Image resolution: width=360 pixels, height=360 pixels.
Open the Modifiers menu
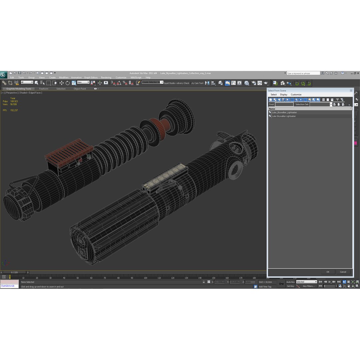[64, 77]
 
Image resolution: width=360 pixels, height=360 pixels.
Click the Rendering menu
[106, 77]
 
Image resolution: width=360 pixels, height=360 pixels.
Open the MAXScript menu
[136, 77]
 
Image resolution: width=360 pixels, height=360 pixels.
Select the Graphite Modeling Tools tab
[19, 89]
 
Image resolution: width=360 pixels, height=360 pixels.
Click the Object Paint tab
[80, 89]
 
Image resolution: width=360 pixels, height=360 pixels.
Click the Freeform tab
[44, 89]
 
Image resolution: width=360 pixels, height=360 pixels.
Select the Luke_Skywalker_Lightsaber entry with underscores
[284, 112]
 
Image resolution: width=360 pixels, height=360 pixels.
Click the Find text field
[284, 104]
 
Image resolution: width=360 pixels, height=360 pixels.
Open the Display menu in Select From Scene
[284, 95]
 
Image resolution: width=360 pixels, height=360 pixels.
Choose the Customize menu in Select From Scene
[296, 95]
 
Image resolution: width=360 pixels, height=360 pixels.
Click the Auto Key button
[290, 282]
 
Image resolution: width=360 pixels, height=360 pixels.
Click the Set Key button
[290, 286]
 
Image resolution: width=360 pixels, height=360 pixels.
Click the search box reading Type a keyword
[303, 73]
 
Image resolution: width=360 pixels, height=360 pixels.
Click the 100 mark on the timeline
[146, 278]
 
